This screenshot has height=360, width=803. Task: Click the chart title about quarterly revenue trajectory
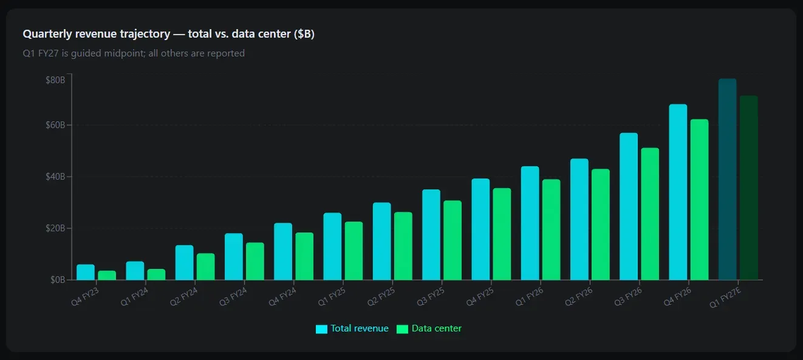[x=168, y=34]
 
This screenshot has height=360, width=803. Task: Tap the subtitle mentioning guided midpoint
[x=134, y=53]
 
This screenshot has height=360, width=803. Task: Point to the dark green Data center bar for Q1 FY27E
[x=748, y=188]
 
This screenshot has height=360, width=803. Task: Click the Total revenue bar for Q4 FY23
[x=86, y=272]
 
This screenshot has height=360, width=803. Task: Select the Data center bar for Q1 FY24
[x=156, y=274]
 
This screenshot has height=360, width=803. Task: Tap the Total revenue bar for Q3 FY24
[x=234, y=256]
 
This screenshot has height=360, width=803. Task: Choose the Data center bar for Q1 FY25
[x=354, y=251]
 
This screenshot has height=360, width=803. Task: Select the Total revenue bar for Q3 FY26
[x=629, y=206]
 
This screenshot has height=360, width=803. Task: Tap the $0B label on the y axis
[x=57, y=280]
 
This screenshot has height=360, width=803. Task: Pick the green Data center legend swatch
[x=402, y=329]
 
